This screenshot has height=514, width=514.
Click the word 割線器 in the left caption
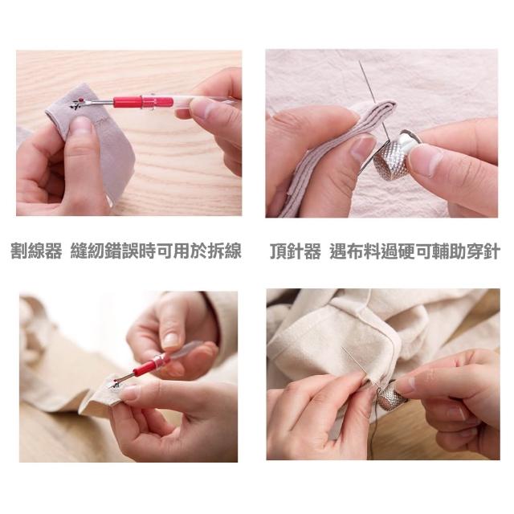coord(36,251)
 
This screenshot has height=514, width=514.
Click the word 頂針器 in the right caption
coord(296,251)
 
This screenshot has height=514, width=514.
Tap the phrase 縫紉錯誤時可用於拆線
coord(156,251)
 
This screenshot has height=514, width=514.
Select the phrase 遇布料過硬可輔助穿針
coord(415,251)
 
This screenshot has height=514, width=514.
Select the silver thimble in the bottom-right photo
coord(392,395)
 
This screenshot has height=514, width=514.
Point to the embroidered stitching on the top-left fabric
coord(78,104)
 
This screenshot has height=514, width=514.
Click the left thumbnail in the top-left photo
coord(81,125)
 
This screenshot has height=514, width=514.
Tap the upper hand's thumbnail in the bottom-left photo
coord(171,341)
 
